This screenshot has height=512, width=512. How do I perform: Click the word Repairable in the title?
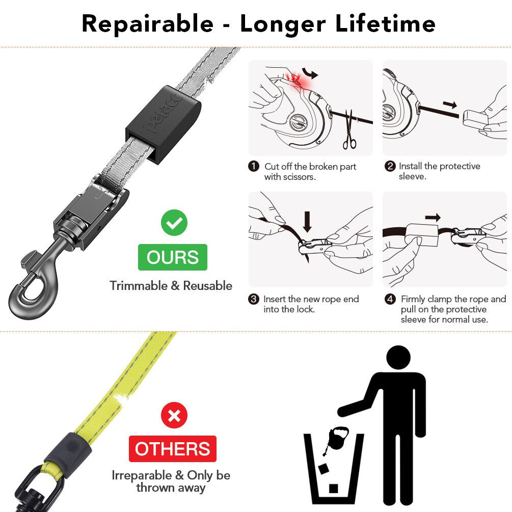tap(148, 24)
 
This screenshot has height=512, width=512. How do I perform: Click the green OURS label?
tap(173, 257)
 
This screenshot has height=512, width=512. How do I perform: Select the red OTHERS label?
tap(172, 449)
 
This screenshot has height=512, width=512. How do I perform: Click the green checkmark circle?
tap(174, 223)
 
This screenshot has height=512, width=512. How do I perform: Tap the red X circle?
tap(174, 415)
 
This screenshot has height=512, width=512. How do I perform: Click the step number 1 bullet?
tap(254, 167)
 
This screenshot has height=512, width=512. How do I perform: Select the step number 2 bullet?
tap(390, 167)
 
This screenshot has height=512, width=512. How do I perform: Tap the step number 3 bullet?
tap(254, 299)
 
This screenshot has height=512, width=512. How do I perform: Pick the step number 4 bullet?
tap(390, 299)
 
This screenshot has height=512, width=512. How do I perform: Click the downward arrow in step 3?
tap(307, 220)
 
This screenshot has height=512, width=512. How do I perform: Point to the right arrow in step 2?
tap(449, 105)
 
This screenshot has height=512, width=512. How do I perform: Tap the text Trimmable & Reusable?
tap(171, 286)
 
